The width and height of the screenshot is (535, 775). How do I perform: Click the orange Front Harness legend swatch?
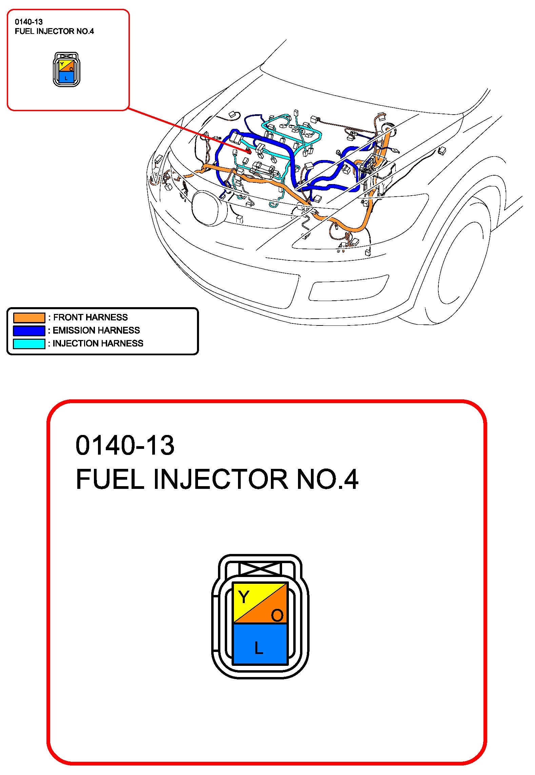tap(29, 318)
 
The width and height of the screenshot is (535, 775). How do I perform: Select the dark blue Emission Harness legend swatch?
tap(29, 331)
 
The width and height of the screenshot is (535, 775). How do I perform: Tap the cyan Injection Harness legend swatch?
tap(29, 343)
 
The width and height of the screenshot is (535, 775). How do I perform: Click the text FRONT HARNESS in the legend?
tap(91, 317)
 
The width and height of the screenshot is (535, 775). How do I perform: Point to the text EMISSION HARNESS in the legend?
tap(96, 330)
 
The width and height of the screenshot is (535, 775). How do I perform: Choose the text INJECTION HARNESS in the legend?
tap(98, 343)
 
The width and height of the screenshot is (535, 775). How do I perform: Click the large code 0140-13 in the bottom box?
tap(125, 445)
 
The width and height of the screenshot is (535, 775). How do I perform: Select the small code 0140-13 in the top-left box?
tap(29, 22)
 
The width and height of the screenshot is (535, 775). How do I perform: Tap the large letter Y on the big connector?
tap(244, 597)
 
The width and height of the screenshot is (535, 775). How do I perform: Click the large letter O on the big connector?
tap(277, 615)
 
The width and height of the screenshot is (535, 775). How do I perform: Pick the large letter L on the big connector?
tap(259, 648)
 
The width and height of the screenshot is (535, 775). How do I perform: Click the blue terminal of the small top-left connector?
tap(66, 77)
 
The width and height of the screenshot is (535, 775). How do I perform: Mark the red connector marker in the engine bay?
tap(249, 151)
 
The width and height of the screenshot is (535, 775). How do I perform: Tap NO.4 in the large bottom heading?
tap(327, 479)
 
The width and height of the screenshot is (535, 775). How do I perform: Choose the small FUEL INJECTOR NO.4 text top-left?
tap(54, 32)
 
